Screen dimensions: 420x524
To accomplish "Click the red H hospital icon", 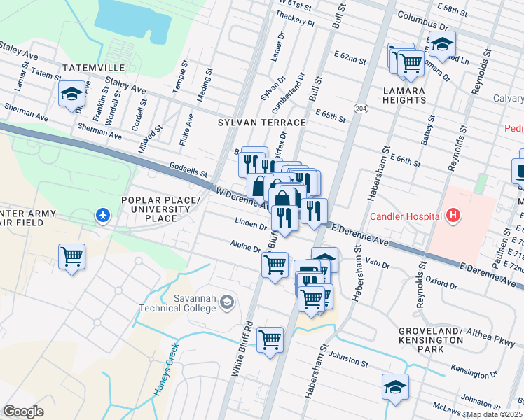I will [x=454, y=215].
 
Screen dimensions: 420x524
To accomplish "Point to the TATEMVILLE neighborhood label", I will [x=93, y=68].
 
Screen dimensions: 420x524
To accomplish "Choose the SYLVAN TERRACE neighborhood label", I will [x=261, y=122].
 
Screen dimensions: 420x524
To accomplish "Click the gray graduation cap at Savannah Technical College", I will [x=226, y=302].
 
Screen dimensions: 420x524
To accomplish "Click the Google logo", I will [x=24, y=411].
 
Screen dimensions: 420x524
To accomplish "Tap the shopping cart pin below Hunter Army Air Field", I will [x=72, y=258].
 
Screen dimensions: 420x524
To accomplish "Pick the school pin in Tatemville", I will [x=71, y=96].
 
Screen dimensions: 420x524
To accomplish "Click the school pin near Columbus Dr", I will [x=442, y=44].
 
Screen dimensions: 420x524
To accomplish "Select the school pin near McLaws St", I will [x=395, y=387].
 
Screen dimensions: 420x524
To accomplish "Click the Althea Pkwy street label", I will [x=495, y=337].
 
